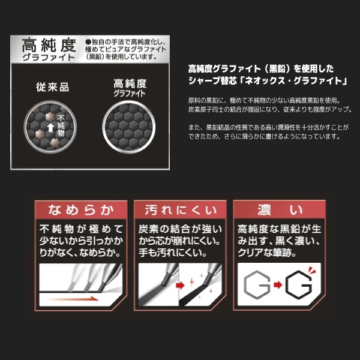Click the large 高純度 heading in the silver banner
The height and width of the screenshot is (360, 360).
pyautogui.click(x=49, y=45)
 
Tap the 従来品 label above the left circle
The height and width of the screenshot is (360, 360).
pyautogui.click(x=53, y=87)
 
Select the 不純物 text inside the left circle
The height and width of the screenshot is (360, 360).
pyautogui.click(x=61, y=125)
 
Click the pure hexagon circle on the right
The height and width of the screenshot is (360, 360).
pyautogui.click(x=129, y=127)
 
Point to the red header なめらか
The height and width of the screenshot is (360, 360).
pyautogui.click(x=81, y=210)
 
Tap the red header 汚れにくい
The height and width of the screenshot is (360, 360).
pyautogui.click(x=181, y=210)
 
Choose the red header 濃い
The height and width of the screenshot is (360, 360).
pyautogui.click(x=280, y=210)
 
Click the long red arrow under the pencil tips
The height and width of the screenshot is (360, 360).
pyautogui.click(x=73, y=298)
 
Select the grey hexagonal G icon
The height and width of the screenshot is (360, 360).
pyautogui.click(x=256, y=284)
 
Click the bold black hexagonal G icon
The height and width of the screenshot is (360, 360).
pyautogui.click(x=298, y=284)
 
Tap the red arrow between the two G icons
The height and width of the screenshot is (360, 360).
pyautogui.click(x=278, y=285)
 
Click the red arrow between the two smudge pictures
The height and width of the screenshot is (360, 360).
pyautogui.click(x=180, y=286)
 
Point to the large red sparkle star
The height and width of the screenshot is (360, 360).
pyautogui.click(x=192, y=282)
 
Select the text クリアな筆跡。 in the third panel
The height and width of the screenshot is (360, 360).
pyautogui.click(x=267, y=253)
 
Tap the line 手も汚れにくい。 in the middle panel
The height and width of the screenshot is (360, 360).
pyautogui.click(x=173, y=253)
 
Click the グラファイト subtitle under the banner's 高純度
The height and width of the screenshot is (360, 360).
pyautogui.click(x=49, y=58)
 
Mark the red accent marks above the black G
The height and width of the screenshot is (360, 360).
pyautogui.click(x=312, y=270)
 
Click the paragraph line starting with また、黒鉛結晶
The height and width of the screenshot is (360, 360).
pyautogui.click(x=268, y=127)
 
